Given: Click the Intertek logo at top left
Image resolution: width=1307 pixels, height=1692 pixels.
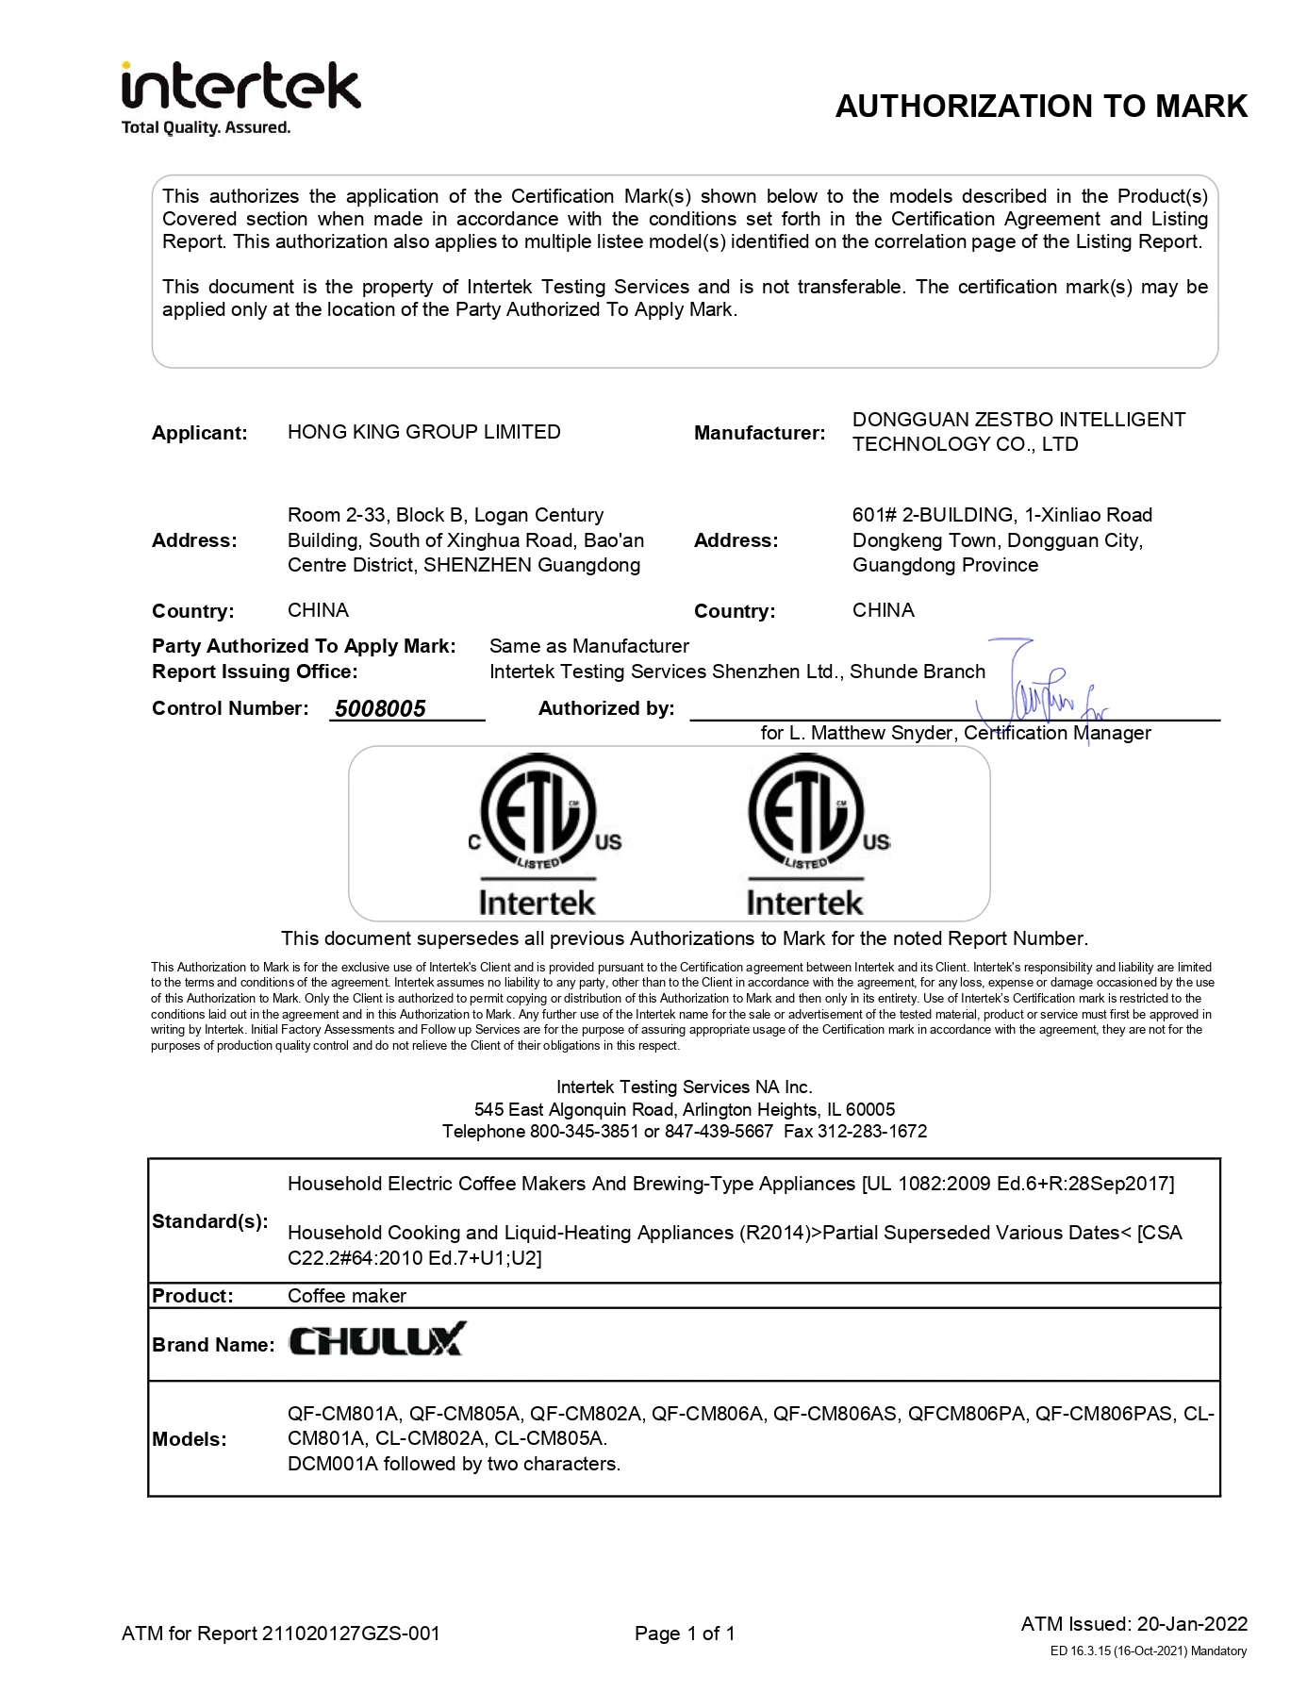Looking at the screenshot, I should [240, 97].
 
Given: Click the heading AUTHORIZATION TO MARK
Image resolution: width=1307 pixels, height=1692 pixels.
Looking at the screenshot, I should [1041, 107].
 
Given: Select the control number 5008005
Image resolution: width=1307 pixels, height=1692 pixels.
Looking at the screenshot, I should [380, 708].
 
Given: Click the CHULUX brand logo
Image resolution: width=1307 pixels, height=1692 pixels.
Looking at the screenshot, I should [376, 1340].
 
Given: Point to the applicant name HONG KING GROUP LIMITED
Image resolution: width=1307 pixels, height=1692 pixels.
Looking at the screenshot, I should [423, 432].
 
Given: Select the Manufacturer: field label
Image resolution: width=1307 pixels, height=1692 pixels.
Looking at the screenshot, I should [759, 433].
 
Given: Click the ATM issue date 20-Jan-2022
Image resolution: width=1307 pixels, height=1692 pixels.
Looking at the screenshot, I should [1192, 1623].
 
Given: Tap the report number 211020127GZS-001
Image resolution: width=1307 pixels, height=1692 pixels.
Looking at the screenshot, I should [351, 1633].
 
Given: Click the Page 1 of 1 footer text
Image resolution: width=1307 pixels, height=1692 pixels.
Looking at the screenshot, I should [685, 1633].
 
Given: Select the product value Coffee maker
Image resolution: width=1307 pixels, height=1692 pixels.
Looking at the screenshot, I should [346, 1296].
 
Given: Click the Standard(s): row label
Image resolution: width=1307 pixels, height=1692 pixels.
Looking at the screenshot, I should [209, 1221].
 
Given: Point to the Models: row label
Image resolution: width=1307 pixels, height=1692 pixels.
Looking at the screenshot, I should [189, 1439].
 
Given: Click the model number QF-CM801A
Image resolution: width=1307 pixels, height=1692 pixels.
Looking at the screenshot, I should [343, 1414].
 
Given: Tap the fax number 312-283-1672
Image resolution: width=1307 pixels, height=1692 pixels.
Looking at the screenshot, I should [883, 1131].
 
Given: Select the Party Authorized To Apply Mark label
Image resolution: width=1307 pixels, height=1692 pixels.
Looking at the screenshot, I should [303, 646].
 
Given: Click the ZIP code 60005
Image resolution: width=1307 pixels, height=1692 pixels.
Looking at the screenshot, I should [870, 1109].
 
